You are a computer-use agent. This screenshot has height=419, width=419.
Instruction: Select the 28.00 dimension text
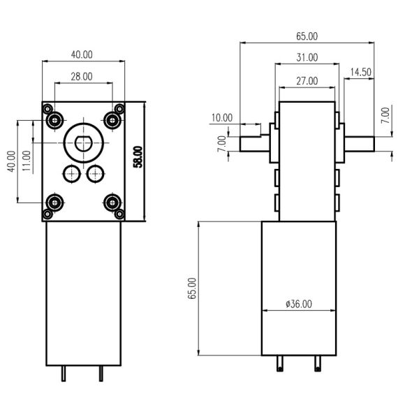(x=82, y=77)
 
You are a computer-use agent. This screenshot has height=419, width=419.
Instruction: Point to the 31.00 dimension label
(x=307, y=57)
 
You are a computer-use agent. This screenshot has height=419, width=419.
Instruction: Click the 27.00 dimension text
(x=307, y=81)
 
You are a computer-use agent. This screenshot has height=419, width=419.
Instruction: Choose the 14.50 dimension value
(x=360, y=72)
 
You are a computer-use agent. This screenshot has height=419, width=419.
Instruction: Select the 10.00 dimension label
(x=222, y=118)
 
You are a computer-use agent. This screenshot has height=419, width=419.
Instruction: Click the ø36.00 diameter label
(x=299, y=304)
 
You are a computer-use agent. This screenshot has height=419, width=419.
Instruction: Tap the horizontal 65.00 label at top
(x=307, y=36)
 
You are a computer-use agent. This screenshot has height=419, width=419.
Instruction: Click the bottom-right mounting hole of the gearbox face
(x=112, y=203)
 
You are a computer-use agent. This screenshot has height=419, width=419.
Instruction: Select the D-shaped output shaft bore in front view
(x=83, y=144)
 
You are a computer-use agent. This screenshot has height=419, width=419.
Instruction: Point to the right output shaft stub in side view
(x=359, y=143)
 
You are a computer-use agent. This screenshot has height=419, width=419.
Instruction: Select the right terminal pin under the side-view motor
(x=318, y=365)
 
